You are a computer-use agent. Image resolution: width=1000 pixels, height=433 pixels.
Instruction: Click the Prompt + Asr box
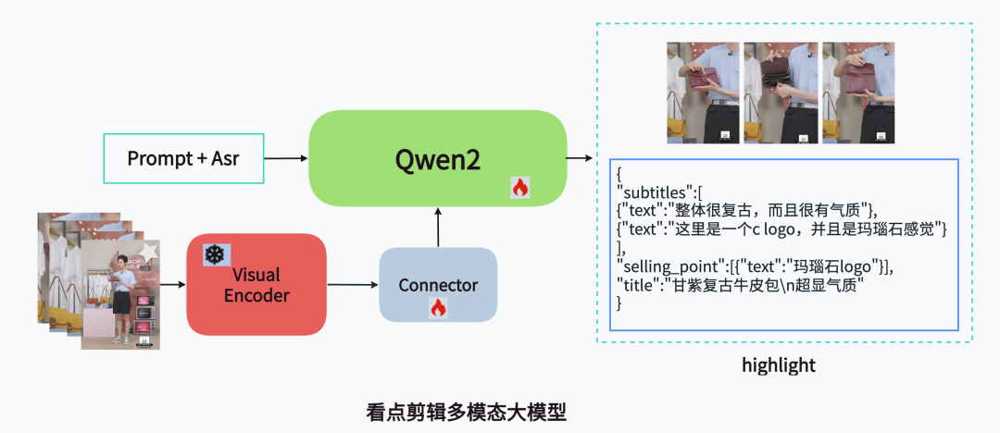click(183, 158)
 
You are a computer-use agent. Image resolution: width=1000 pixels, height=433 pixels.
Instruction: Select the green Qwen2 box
click(437, 158)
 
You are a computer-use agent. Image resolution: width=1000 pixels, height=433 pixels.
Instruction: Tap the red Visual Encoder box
click(256, 285)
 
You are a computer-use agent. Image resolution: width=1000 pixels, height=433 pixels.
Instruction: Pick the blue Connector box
click(438, 285)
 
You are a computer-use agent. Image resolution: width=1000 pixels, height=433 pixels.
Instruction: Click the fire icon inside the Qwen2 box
click(519, 188)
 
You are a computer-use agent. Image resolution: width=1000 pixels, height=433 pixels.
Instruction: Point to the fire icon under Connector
click(438, 307)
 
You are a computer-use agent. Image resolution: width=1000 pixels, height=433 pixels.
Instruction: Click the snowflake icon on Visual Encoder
click(215, 254)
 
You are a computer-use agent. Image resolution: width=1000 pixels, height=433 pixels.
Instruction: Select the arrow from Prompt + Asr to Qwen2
click(286, 158)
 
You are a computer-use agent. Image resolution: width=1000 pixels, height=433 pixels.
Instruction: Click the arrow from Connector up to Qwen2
click(438, 227)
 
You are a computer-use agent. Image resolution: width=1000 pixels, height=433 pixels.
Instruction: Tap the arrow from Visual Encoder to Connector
click(353, 285)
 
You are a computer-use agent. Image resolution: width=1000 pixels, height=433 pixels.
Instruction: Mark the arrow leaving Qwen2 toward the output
click(580, 158)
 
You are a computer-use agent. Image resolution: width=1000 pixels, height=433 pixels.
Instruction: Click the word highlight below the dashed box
click(779, 365)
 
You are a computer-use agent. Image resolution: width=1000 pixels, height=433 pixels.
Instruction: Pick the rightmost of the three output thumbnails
click(857, 93)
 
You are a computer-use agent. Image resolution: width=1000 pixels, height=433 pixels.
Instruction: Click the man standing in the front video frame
click(121, 296)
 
